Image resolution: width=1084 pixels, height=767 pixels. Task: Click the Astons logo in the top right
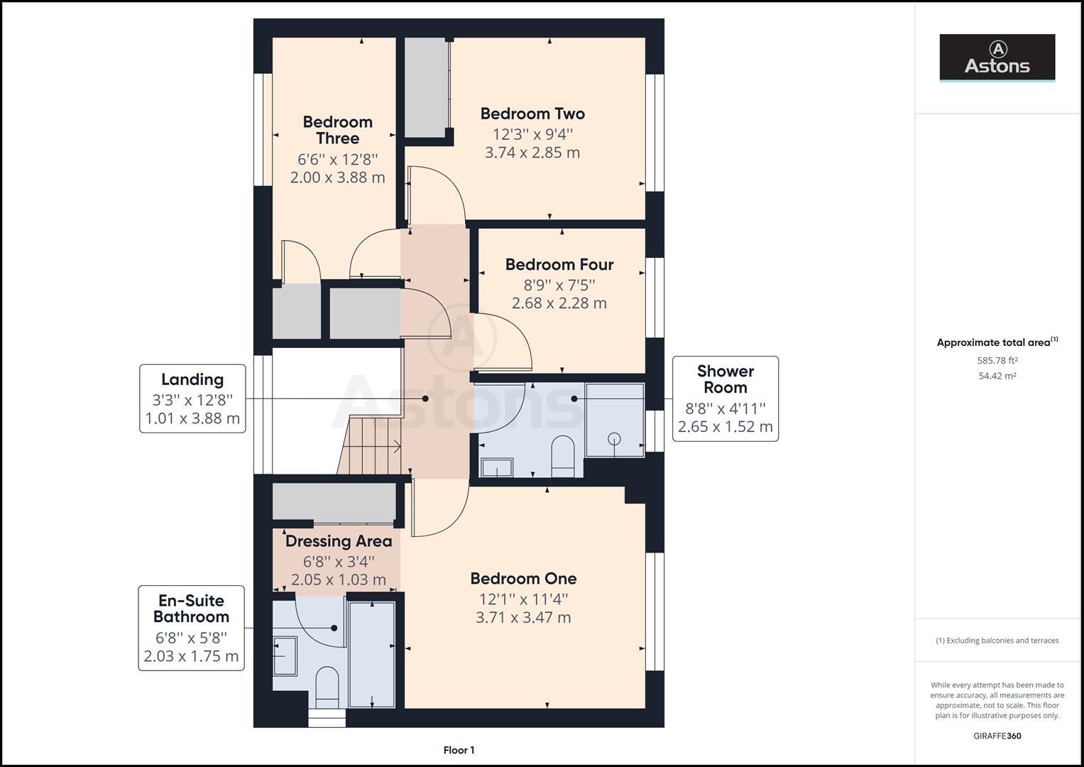click(997, 58)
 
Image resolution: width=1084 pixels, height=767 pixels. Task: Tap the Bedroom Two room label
click(532, 114)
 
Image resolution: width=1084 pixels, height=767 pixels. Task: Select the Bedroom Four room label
click(559, 265)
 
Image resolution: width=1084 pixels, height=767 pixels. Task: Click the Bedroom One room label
click(523, 579)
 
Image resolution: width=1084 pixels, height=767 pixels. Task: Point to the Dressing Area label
click(339, 541)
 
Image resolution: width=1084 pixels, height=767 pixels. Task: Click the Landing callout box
click(192, 398)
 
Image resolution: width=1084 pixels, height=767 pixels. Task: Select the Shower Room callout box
click(725, 398)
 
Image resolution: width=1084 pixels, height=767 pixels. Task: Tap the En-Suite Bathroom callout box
click(192, 628)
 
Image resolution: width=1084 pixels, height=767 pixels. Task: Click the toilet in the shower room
click(562, 455)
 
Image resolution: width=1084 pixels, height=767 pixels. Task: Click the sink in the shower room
click(497, 467)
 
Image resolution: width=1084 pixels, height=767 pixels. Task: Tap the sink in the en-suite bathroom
click(285, 655)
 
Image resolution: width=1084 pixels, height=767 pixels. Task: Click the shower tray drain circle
click(614, 438)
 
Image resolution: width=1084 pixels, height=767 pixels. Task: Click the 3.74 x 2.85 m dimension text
click(532, 153)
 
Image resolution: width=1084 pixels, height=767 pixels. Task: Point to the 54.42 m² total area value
click(997, 376)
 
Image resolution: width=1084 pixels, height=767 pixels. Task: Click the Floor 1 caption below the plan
click(459, 750)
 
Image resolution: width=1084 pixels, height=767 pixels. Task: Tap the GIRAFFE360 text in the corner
click(997, 736)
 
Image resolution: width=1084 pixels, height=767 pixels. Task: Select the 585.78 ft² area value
click(997, 360)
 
